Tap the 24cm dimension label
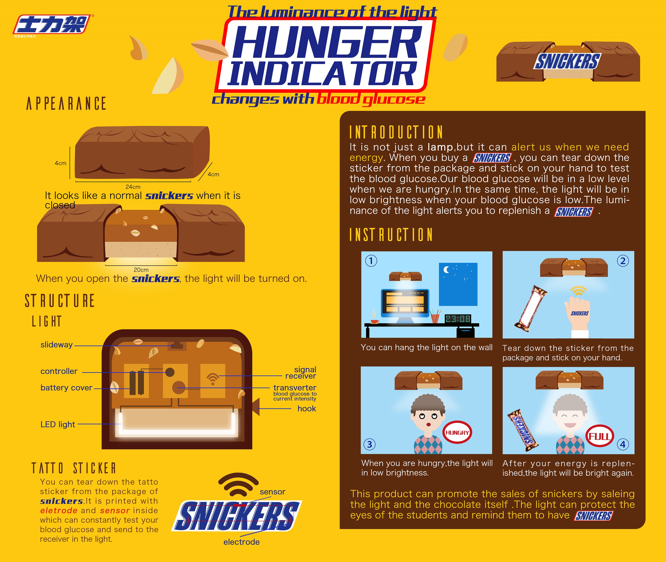pyautogui.click(x=133, y=187)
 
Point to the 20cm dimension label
pyautogui.click(x=141, y=270)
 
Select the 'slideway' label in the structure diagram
pyautogui.click(x=56, y=345)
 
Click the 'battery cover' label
pyautogui.click(x=66, y=388)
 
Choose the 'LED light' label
pyautogui.click(x=58, y=424)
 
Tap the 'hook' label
pyautogui.click(x=307, y=408)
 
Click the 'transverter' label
pyautogui.click(x=295, y=388)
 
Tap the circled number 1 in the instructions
pyautogui.click(x=371, y=261)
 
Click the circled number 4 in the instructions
pyautogui.click(x=623, y=444)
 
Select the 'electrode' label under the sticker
pyautogui.click(x=242, y=542)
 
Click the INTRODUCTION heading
pyautogui.click(x=396, y=132)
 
